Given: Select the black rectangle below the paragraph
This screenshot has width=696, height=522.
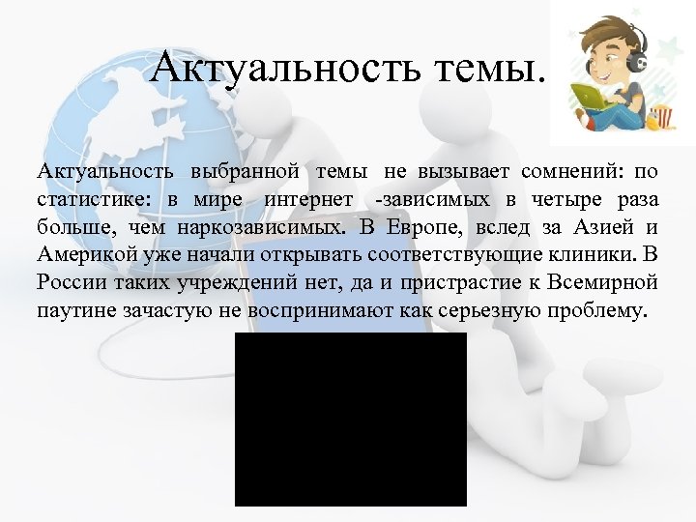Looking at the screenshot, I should [350, 420].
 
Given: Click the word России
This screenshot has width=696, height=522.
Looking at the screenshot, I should [71, 283].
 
